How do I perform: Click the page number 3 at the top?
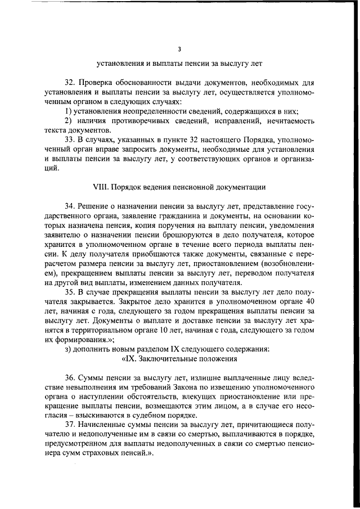[x=179, y=49]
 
